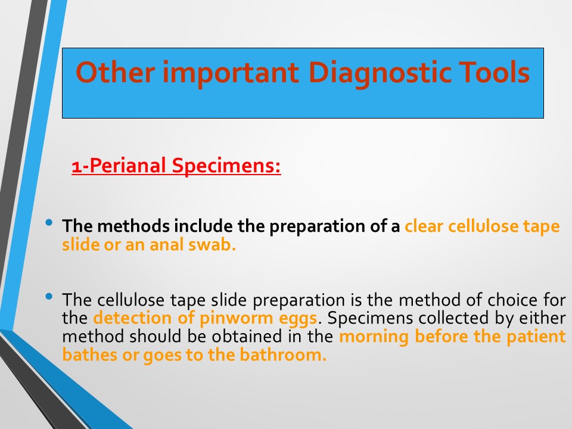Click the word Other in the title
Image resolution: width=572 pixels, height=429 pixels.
(115, 72)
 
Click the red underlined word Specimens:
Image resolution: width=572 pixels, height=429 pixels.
(226, 166)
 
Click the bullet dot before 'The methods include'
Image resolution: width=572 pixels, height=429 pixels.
(49, 222)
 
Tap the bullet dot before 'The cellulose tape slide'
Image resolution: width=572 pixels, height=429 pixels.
(49, 296)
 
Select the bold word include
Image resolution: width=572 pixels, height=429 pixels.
(203, 226)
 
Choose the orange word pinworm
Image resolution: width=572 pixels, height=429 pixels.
(237, 318)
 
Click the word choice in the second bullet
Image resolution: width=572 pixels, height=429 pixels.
(512, 300)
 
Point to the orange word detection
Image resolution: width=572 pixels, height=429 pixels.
(132, 318)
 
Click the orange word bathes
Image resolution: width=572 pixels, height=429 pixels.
(89, 355)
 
